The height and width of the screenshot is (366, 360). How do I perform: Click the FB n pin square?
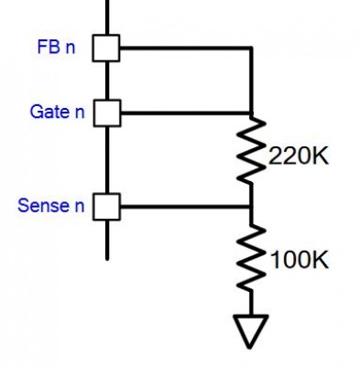(x=106, y=48)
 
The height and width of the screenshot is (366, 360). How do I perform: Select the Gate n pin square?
(x=107, y=113)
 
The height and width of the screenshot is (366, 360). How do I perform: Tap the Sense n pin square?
(x=107, y=207)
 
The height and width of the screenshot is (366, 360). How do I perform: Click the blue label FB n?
(x=56, y=47)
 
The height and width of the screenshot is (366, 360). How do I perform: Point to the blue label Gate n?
(x=57, y=112)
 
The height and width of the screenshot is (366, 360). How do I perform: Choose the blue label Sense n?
(x=51, y=205)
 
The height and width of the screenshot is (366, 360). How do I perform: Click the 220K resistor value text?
(x=299, y=156)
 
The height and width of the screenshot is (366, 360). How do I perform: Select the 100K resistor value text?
(x=300, y=260)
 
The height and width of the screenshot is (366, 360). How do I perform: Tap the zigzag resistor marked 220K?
(x=251, y=149)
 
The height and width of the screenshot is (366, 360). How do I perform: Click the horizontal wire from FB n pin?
(x=186, y=48)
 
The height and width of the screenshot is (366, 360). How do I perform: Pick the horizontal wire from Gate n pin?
(x=186, y=113)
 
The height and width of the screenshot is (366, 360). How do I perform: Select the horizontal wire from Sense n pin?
(x=186, y=207)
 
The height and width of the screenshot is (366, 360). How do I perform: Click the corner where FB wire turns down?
(x=251, y=48)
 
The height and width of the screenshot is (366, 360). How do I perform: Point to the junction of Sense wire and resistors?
(x=251, y=207)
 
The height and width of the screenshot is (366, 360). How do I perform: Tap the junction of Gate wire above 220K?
(x=251, y=113)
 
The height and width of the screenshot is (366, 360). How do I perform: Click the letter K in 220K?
(x=321, y=156)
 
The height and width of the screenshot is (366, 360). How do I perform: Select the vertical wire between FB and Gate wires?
(x=251, y=81)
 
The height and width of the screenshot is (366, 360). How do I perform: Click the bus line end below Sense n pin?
(x=107, y=259)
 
